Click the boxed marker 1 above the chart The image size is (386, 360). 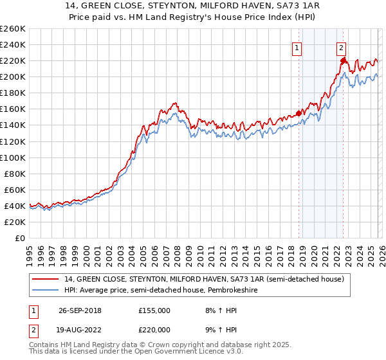[297, 47]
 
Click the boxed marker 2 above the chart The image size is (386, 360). [340, 47]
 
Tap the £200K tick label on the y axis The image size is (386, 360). [13, 76]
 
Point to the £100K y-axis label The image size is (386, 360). [13, 157]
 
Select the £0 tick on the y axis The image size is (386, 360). [19, 238]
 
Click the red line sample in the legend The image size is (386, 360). [46, 279]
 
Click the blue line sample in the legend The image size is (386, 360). [46, 290]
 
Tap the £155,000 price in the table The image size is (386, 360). [154, 310]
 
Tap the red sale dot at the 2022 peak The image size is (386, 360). [343, 61]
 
